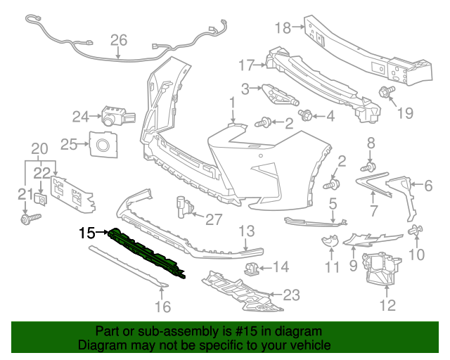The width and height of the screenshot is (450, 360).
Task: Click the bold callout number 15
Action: click(86, 231)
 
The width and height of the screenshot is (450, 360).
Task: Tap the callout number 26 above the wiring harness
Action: click(118, 41)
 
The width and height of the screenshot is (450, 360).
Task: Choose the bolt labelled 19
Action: click(386, 91)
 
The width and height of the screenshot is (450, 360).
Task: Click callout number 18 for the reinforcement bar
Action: click(282, 28)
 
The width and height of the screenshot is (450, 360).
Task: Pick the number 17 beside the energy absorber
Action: click(245, 65)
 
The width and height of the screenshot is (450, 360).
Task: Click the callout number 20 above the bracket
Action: click(40, 148)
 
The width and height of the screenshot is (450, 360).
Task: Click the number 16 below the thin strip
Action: click(162, 307)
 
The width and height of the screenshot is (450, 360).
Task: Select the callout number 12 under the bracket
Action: click(387, 305)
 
